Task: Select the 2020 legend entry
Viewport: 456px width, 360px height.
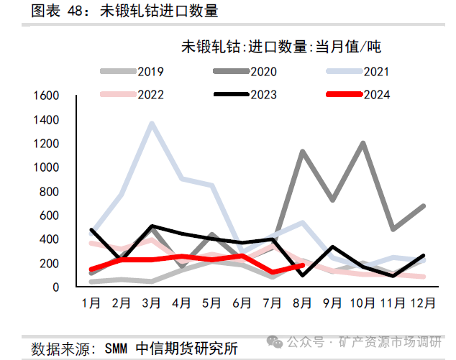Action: click(x=245, y=71)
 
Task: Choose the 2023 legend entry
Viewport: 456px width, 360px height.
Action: click(x=245, y=94)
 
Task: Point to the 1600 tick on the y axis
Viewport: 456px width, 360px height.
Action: click(x=45, y=96)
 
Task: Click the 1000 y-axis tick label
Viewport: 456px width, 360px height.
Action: click(x=45, y=167)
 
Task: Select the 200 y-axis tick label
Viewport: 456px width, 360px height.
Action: click(x=49, y=263)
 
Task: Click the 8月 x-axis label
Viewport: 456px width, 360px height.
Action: click(x=303, y=303)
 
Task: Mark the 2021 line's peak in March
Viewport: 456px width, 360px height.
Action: click(x=152, y=124)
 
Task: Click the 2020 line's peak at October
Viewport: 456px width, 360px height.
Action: click(x=362, y=143)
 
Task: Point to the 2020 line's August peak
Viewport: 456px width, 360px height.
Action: click(x=303, y=151)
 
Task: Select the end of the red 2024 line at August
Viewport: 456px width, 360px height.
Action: click(x=303, y=264)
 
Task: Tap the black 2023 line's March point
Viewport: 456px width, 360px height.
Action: click(x=152, y=226)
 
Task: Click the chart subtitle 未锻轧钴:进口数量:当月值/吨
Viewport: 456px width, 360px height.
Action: click(x=280, y=48)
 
